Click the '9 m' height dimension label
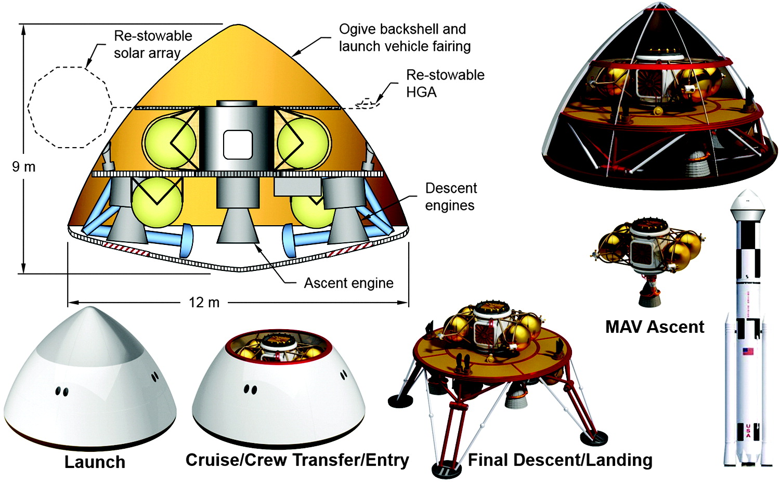point(23,167)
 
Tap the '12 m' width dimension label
point(204,302)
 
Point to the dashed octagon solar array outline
point(70,107)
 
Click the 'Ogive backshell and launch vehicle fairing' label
point(405,37)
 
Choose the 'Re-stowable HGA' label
point(445,83)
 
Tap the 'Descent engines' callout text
point(450,197)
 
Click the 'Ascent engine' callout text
point(348,283)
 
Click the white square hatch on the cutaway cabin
point(238,145)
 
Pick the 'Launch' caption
point(95,462)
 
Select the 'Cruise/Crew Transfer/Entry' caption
point(297,460)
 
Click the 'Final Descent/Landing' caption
point(560,460)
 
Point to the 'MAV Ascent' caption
point(655,327)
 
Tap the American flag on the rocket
point(748,351)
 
